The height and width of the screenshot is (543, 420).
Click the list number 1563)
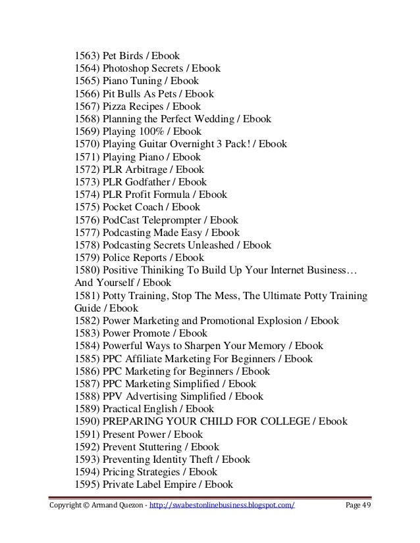tap(83, 56)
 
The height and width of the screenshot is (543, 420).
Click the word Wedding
tap(212, 119)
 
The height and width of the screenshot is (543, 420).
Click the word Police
tap(117, 257)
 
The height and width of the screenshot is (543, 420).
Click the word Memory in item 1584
tap(269, 346)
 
